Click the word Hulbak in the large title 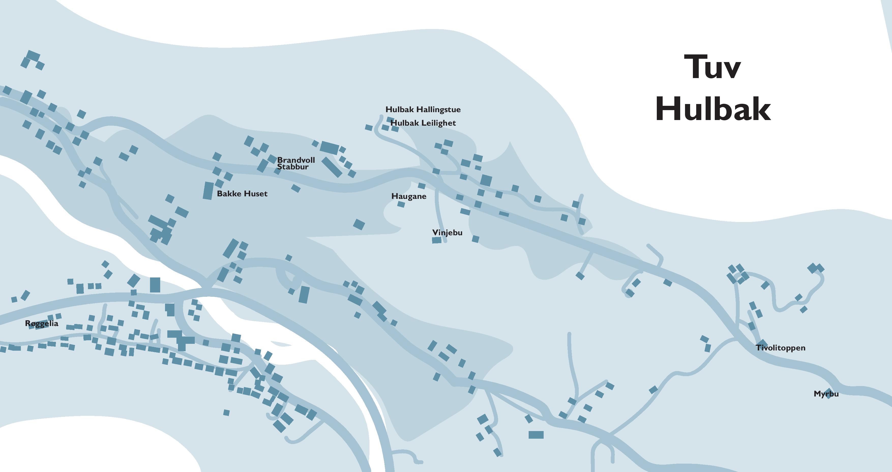[713, 109]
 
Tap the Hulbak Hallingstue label [423, 109]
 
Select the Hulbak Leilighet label [423, 123]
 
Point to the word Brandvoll [296, 160]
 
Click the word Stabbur [293, 167]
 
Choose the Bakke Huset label [242, 194]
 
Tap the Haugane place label [409, 196]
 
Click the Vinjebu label [447, 232]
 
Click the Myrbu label [826, 394]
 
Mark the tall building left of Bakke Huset [208, 190]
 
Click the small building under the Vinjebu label [437, 240]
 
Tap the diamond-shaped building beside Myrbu [828, 394]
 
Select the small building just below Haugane [401, 204]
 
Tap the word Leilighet [438, 123]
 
